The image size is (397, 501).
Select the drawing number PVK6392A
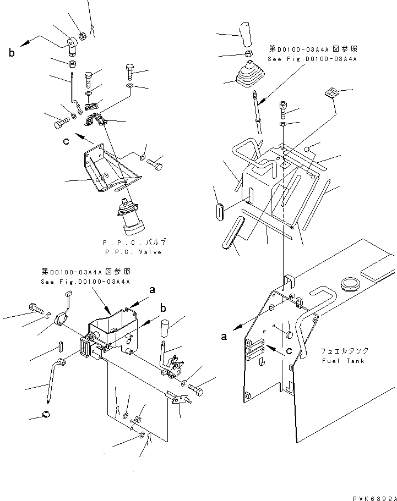click(x=371, y=497)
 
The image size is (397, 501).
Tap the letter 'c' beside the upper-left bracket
click(x=67, y=141)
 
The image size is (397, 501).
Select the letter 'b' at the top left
click(x=11, y=53)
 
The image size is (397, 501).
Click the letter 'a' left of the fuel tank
click(x=224, y=337)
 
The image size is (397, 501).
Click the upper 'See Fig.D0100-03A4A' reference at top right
click(x=312, y=58)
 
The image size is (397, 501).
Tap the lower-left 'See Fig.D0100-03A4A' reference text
click(x=85, y=282)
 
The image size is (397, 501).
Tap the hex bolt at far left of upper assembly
click(x=58, y=124)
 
